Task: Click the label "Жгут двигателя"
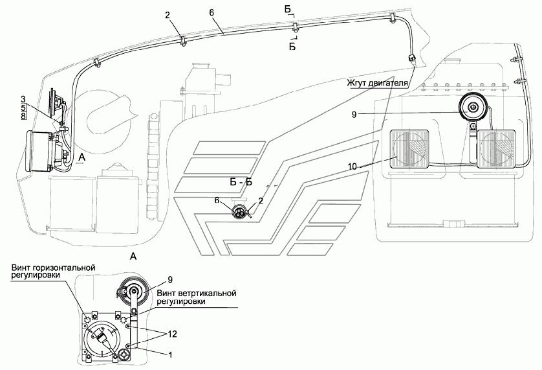click(379, 83)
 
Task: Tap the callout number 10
click(352, 167)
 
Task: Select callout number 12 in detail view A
click(172, 334)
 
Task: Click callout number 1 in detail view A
click(170, 354)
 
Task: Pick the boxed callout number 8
click(23, 116)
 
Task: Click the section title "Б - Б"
click(241, 183)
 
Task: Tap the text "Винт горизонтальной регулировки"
click(53, 272)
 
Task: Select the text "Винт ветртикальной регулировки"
click(197, 297)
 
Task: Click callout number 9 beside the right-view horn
click(354, 114)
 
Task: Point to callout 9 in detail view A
click(170, 279)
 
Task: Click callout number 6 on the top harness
click(211, 13)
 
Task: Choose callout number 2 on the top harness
click(168, 16)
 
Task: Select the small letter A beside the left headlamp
click(82, 157)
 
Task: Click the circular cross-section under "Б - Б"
click(239, 211)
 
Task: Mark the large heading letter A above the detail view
click(133, 257)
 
